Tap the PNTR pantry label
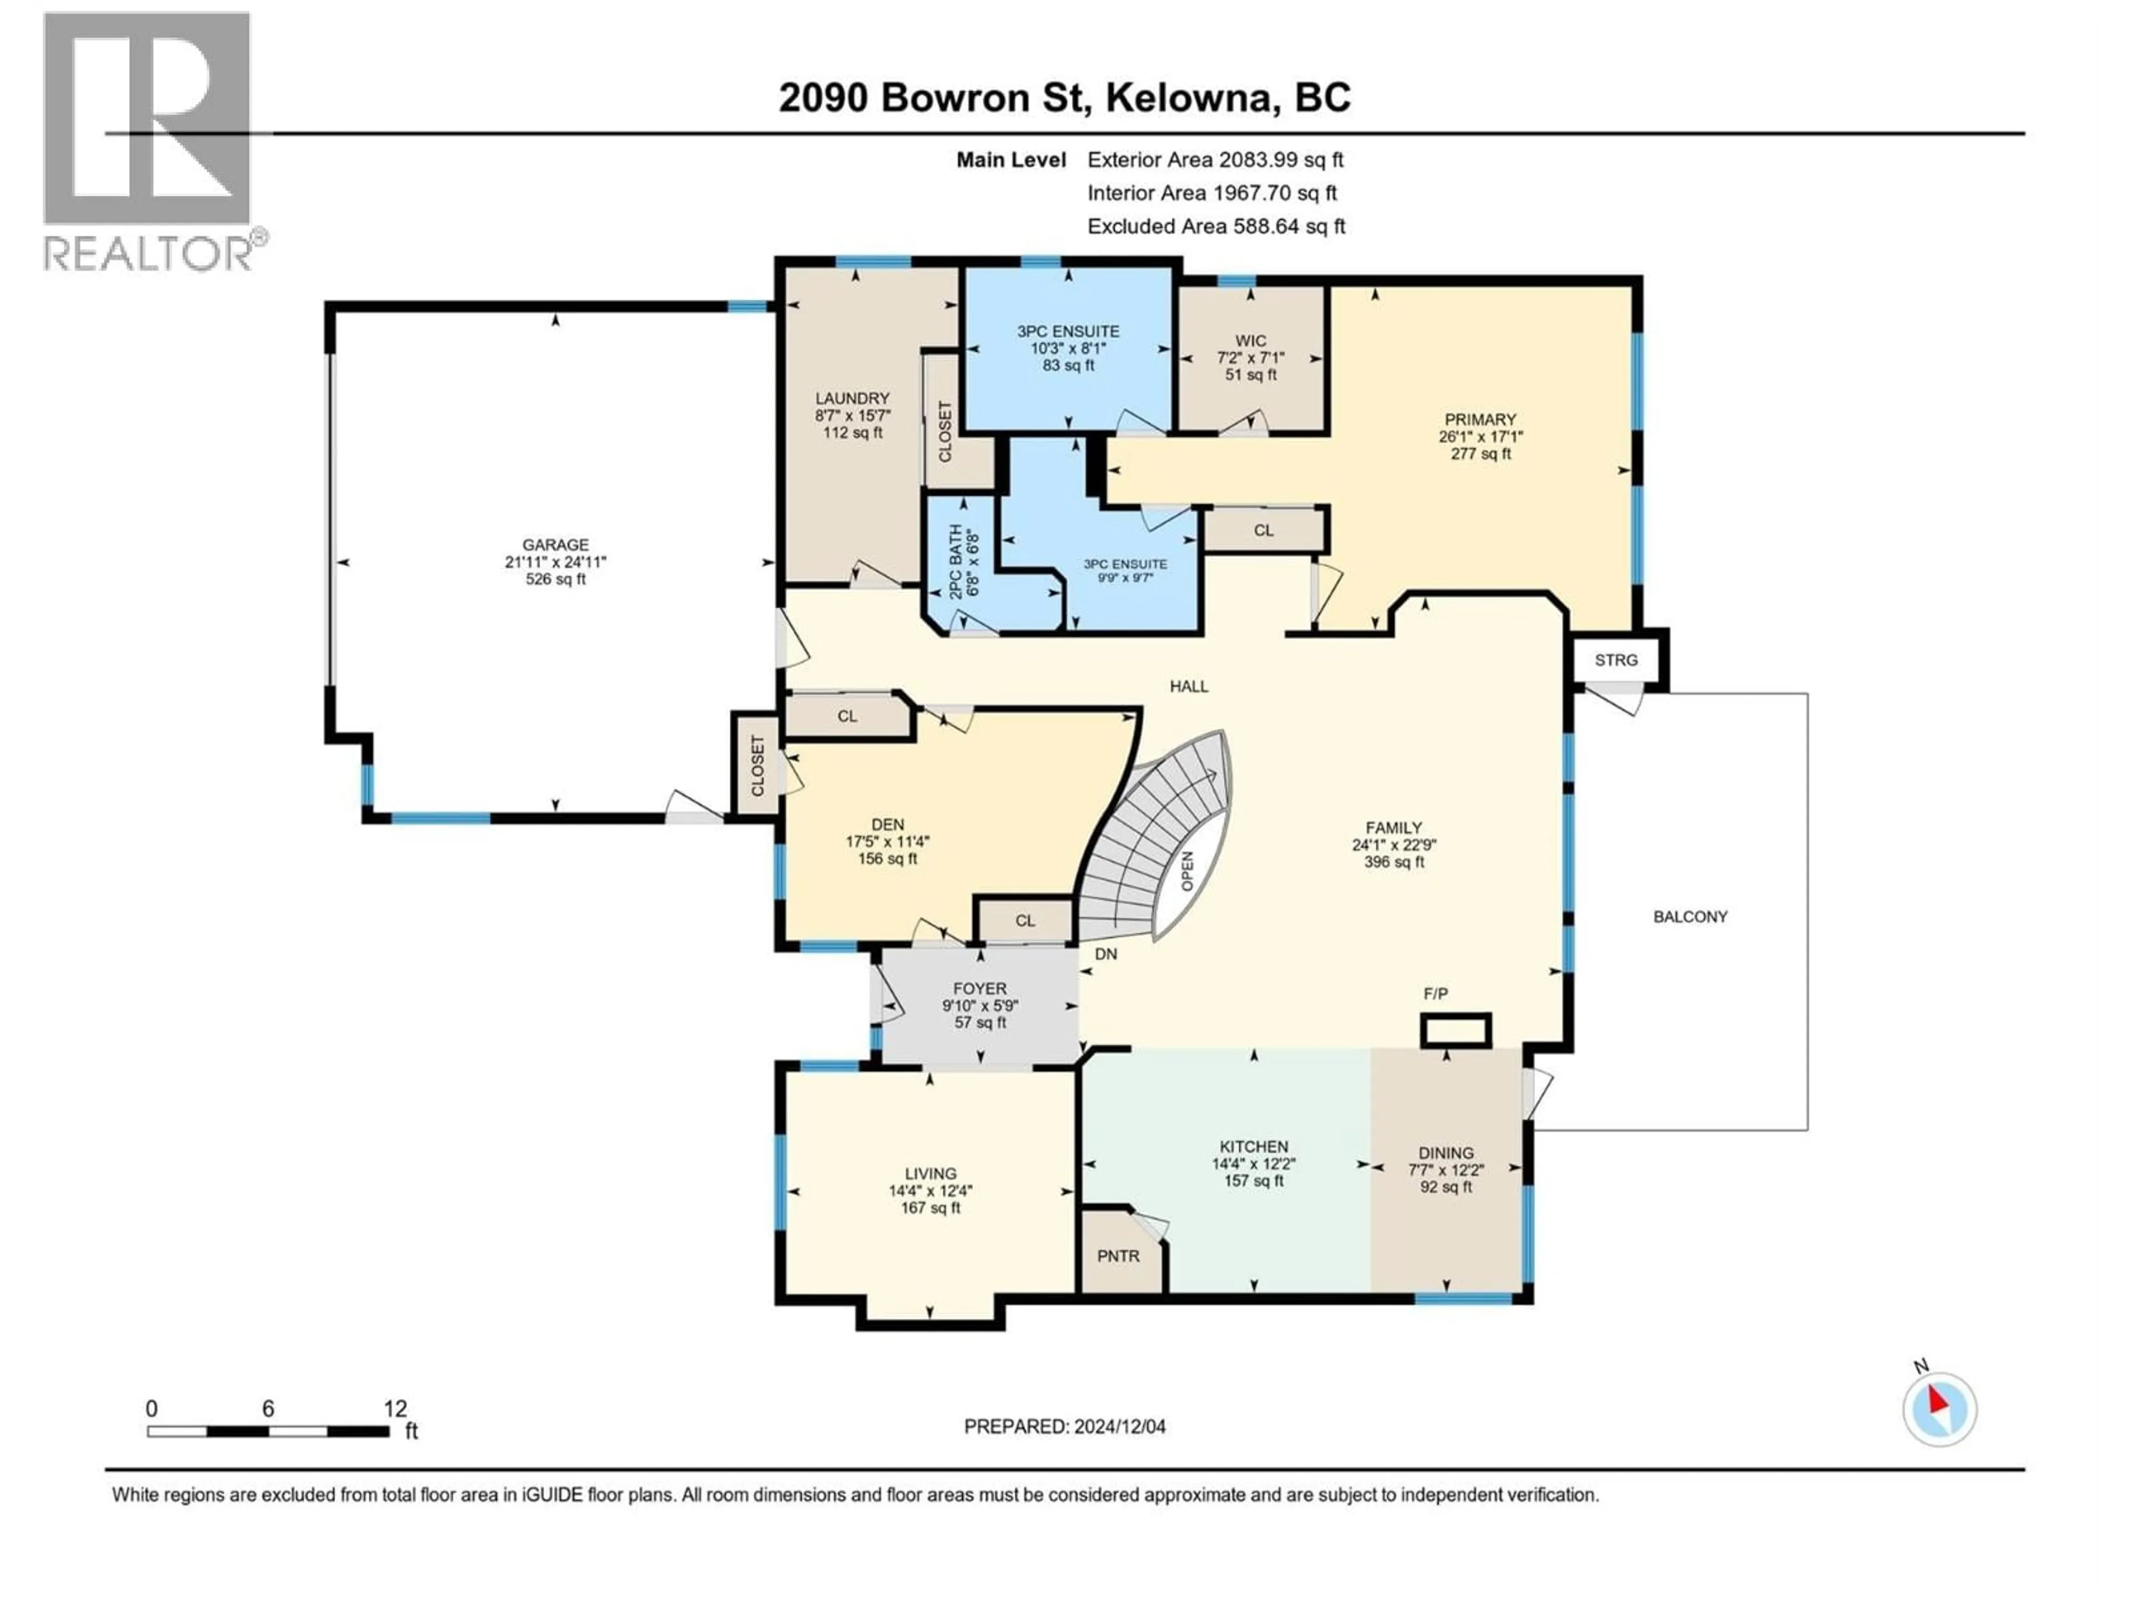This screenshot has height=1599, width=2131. tap(1118, 1256)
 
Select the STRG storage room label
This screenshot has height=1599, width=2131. tap(1615, 660)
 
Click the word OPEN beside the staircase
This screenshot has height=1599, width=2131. tap(1188, 871)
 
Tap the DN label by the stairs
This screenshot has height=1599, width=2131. tap(1106, 954)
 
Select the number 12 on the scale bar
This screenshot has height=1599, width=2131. tap(395, 1408)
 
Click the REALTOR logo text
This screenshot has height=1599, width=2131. tap(149, 254)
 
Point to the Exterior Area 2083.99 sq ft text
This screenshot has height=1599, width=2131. tap(1215, 160)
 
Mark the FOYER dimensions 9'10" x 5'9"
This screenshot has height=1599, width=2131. tap(979, 1005)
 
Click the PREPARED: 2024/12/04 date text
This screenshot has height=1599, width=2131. tap(1064, 1426)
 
